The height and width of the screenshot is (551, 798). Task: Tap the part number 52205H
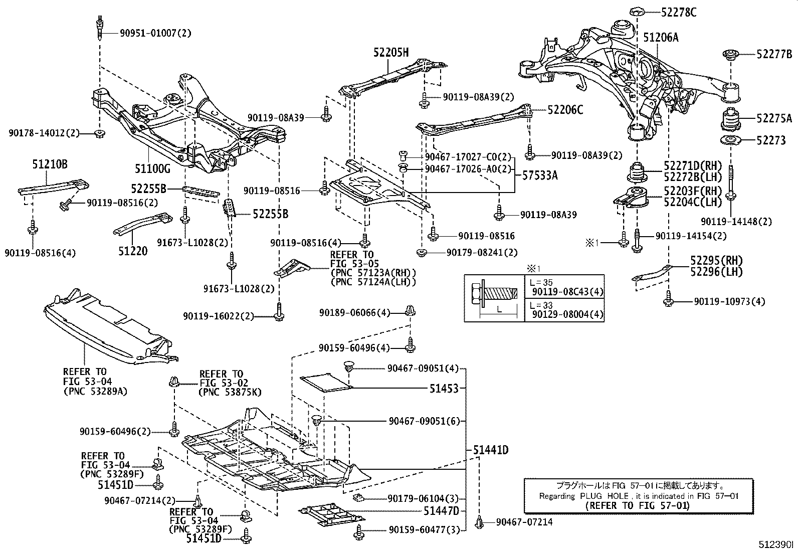pyautogui.click(x=390, y=52)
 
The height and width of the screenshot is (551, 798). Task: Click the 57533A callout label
pyautogui.click(x=540, y=175)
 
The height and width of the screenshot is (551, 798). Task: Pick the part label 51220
pyautogui.click(x=133, y=251)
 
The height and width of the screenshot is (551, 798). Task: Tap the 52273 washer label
pyautogui.click(x=771, y=141)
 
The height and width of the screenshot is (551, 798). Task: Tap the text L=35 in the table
pyautogui.click(x=543, y=282)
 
